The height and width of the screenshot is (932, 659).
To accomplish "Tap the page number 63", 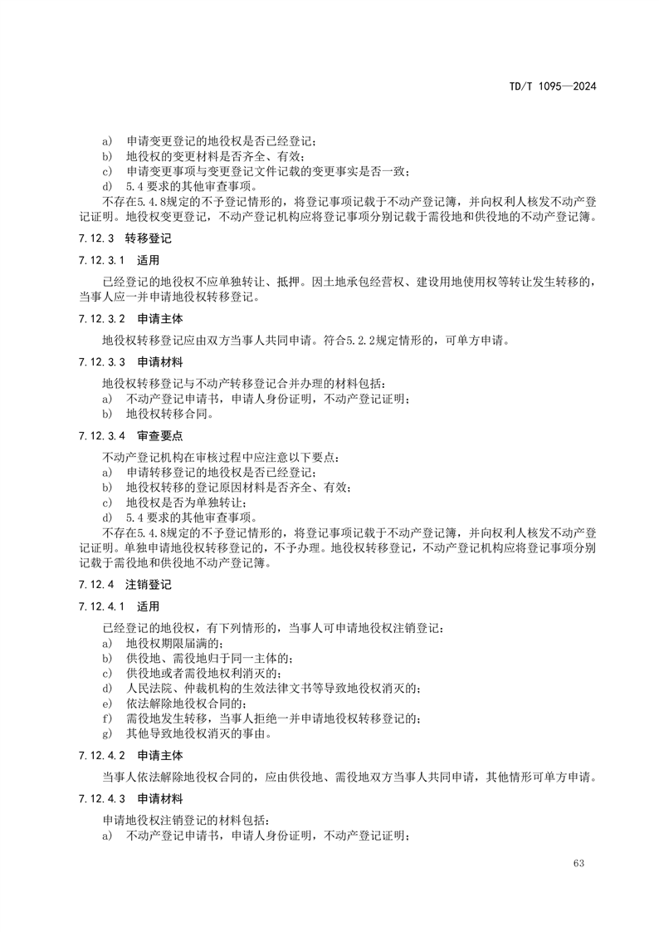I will coord(578,863).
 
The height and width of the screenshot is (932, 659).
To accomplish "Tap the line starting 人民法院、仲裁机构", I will coord(274,688).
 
